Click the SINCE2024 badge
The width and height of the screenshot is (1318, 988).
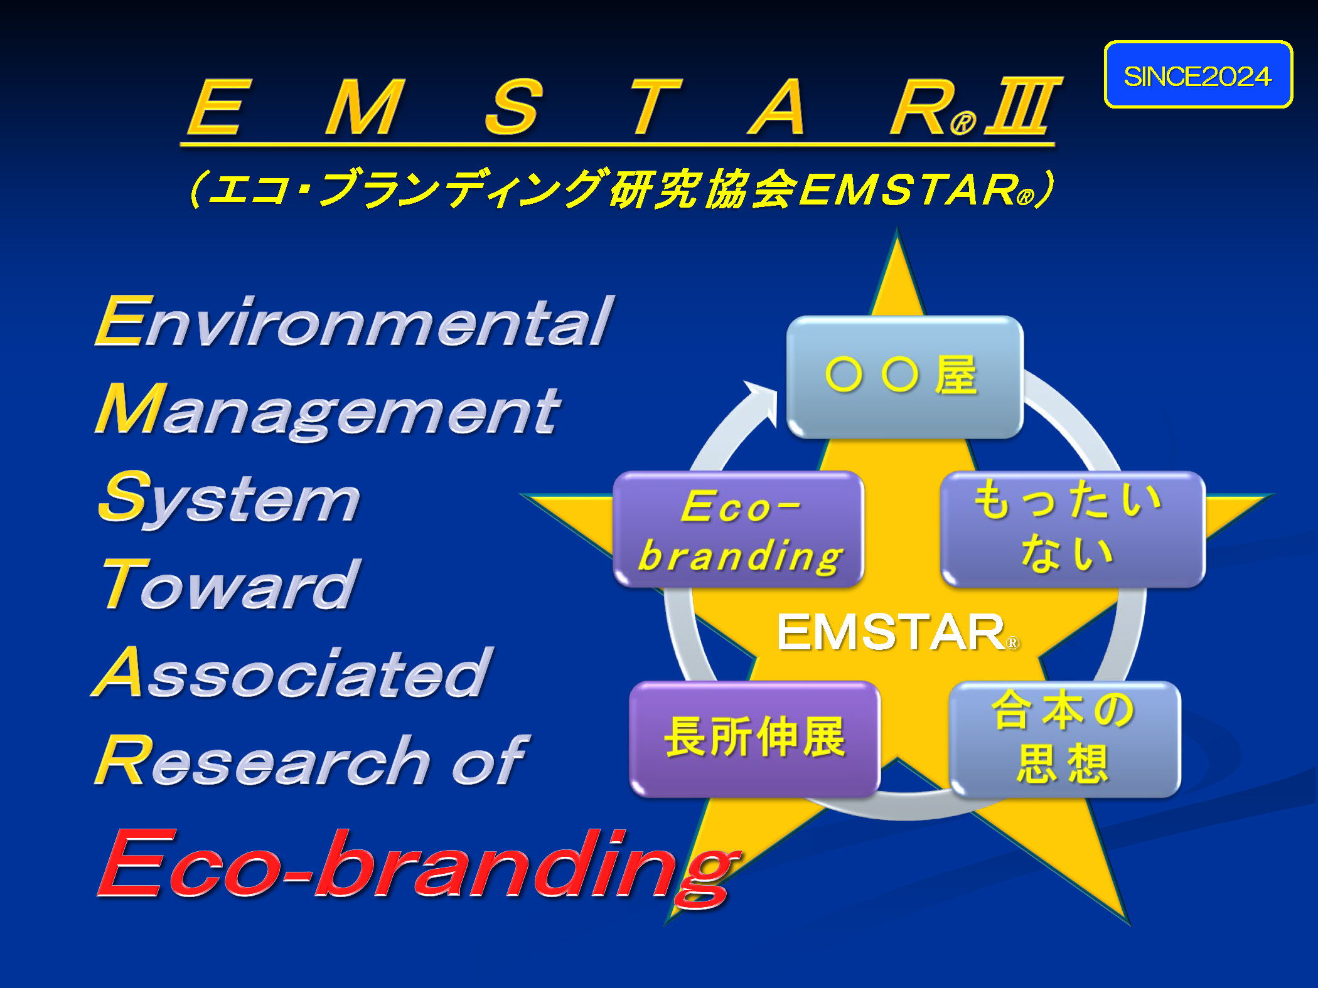(x=1198, y=75)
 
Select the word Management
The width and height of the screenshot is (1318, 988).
(x=328, y=411)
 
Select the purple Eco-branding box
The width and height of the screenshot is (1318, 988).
(x=739, y=530)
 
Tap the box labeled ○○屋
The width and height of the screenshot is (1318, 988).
(x=904, y=377)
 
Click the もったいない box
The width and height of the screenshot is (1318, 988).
(x=1073, y=530)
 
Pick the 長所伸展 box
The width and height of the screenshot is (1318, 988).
(x=754, y=739)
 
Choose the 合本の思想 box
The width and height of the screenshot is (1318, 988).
(x=1065, y=739)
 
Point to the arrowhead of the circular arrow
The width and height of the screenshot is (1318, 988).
(x=762, y=400)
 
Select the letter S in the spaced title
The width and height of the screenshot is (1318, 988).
(x=513, y=107)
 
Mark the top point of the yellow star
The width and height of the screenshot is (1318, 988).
(x=897, y=228)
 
